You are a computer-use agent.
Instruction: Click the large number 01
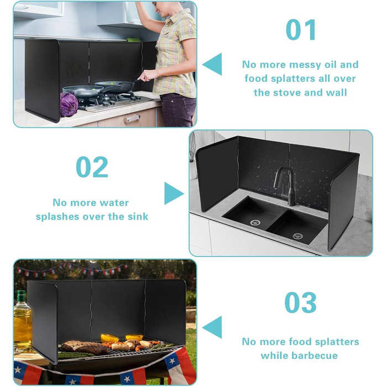(x=301, y=30)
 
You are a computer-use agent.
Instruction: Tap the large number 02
(x=92, y=167)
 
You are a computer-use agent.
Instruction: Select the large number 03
(x=300, y=302)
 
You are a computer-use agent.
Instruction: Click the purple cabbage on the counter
(x=69, y=104)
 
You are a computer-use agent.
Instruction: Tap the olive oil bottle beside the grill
(x=22, y=321)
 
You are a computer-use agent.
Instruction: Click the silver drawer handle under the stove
(x=132, y=118)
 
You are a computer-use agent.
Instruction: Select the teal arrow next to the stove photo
(x=212, y=64)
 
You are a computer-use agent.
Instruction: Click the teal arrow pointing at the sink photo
(x=174, y=193)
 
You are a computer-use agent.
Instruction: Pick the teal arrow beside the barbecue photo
(x=212, y=327)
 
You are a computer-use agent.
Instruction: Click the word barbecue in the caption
(x=315, y=355)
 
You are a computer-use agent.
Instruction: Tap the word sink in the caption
(x=138, y=217)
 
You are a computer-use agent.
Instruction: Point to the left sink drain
(x=255, y=222)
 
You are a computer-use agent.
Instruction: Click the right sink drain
(x=297, y=236)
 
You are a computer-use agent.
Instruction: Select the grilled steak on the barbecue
(x=85, y=347)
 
